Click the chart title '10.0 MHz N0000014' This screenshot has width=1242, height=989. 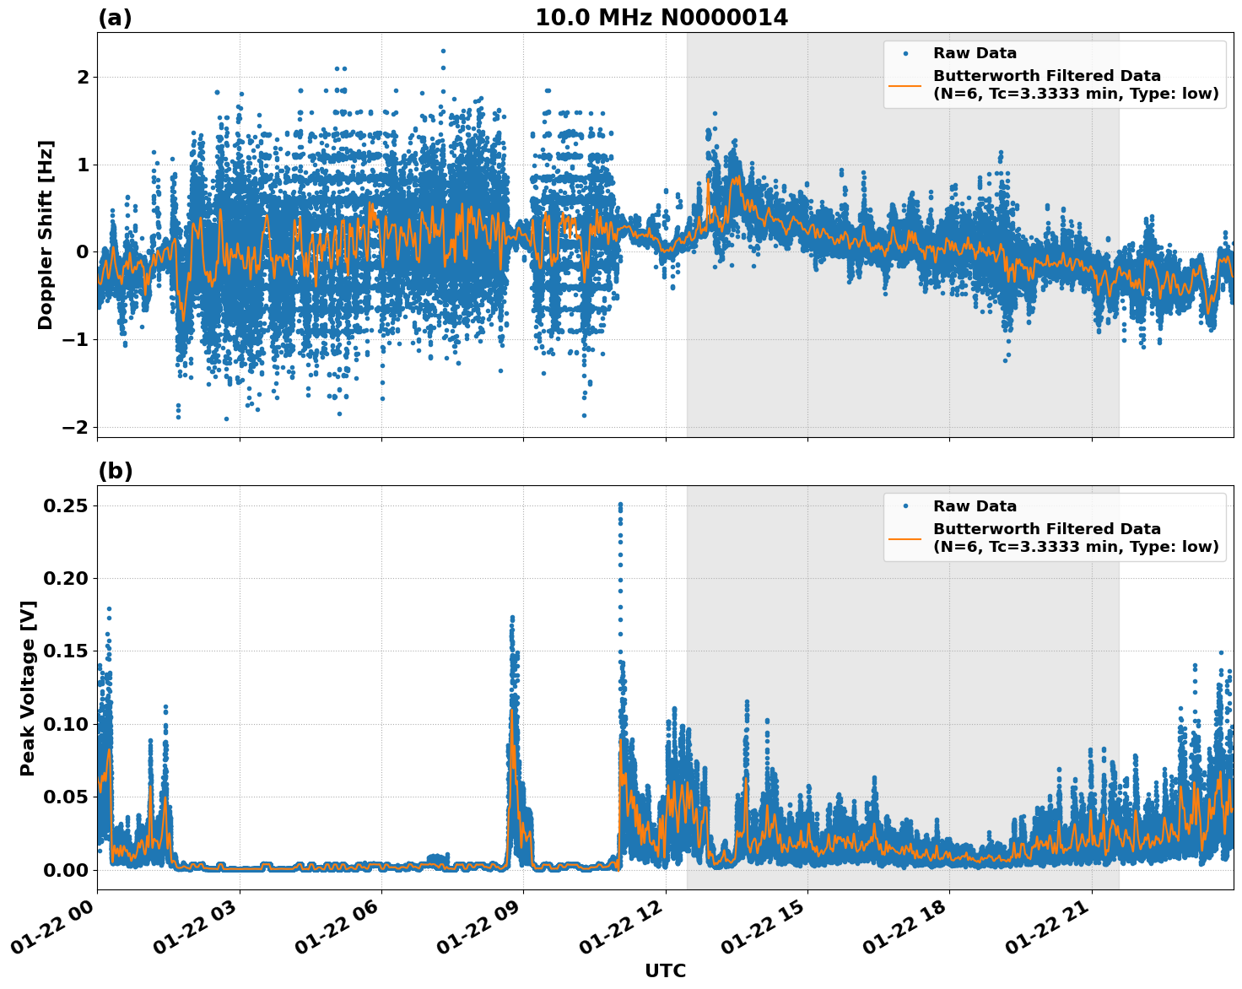661,18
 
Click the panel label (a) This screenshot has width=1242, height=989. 115,18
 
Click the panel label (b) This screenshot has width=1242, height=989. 115,471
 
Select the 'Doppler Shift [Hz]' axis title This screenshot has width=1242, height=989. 46,235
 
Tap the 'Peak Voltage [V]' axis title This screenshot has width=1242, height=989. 28,688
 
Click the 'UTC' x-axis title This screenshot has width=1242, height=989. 665,970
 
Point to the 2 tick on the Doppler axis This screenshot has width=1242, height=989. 83,78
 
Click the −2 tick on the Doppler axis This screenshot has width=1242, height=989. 76,427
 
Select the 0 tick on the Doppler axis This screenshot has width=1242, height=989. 83,252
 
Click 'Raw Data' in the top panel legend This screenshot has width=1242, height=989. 975,54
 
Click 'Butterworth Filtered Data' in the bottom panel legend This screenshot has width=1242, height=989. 1046,529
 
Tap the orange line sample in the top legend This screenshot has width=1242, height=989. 904,85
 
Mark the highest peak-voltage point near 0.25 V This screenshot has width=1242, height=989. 620,505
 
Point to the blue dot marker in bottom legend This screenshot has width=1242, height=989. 904,506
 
